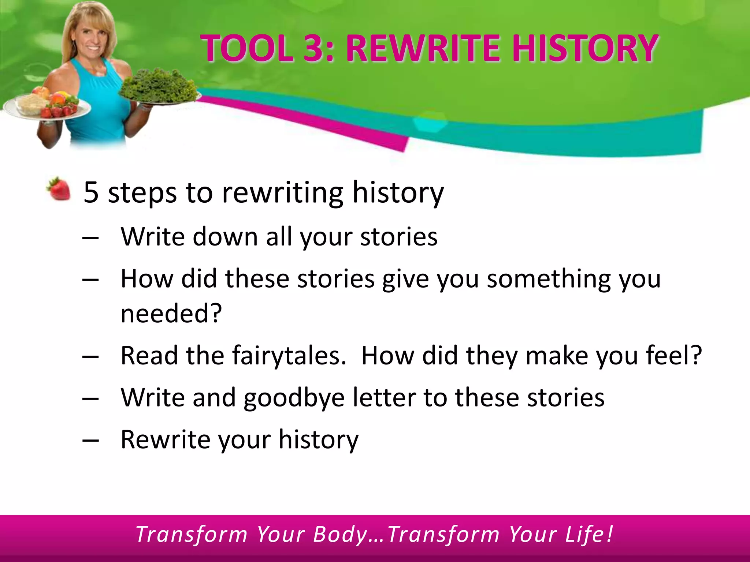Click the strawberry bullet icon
click(59, 189)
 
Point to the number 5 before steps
click(91, 192)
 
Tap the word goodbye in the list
click(294, 398)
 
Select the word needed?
click(171, 314)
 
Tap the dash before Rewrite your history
click(90, 440)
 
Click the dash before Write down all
click(90, 237)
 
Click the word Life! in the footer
click(589, 534)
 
